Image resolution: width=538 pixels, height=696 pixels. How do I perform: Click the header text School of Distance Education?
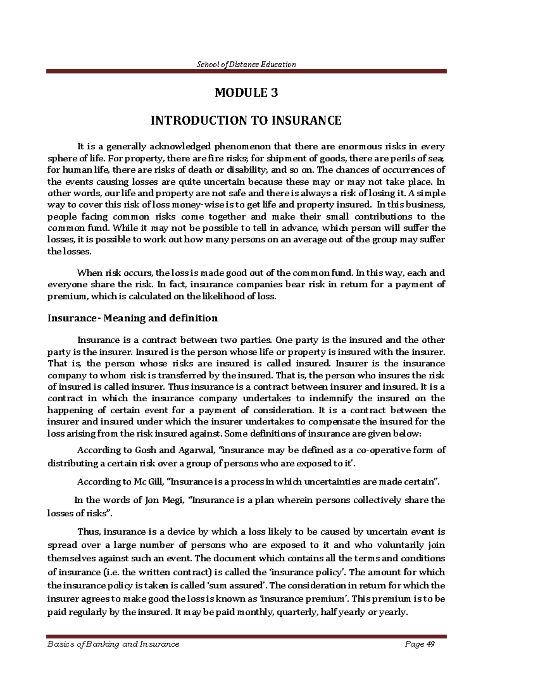pyautogui.click(x=247, y=64)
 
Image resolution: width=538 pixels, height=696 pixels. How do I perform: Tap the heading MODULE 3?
pyautogui.click(x=246, y=93)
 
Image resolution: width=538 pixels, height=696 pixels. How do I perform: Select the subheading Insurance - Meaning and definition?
pyautogui.click(x=133, y=318)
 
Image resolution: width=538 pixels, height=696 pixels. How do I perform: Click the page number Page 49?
pyautogui.click(x=420, y=644)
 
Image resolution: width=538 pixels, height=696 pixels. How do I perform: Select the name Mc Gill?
pyautogui.click(x=148, y=482)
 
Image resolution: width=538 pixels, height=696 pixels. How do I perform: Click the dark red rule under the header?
pyautogui.click(x=247, y=71)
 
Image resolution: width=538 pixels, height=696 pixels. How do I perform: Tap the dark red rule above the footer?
pyautogui.click(x=247, y=636)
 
